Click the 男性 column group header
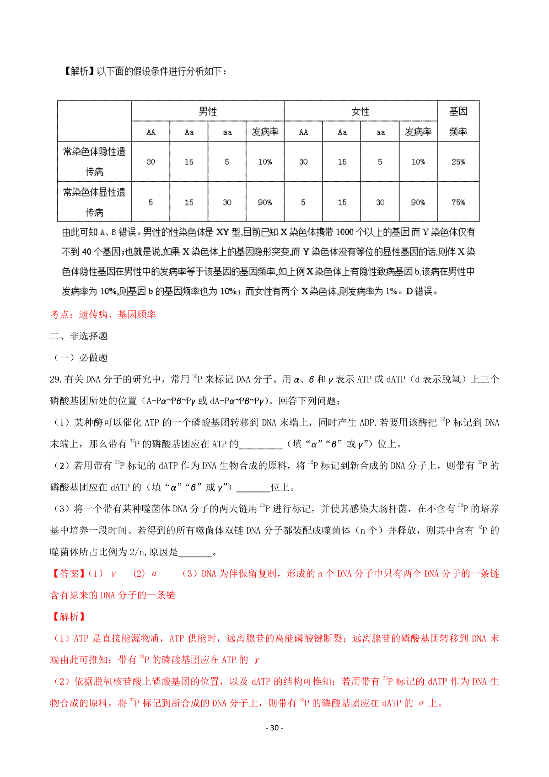tap(208, 111)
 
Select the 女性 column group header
tap(360, 111)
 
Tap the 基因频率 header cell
tap(458, 121)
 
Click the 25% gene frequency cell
tap(458, 162)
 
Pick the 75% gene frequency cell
tap(458, 202)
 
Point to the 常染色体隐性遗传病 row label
tap(94, 161)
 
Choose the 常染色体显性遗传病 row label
tap(94, 202)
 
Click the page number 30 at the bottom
tap(274, 728)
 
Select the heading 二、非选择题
tap(79, 336)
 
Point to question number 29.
tap(56, 379)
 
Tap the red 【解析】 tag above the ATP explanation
tap(68, 617)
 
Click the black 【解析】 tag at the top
tap(78, 71)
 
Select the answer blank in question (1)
tap(260, 444)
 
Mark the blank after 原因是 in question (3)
tap(195, 552)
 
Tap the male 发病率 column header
tap(265, 132)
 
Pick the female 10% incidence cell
tap(418, 162)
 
